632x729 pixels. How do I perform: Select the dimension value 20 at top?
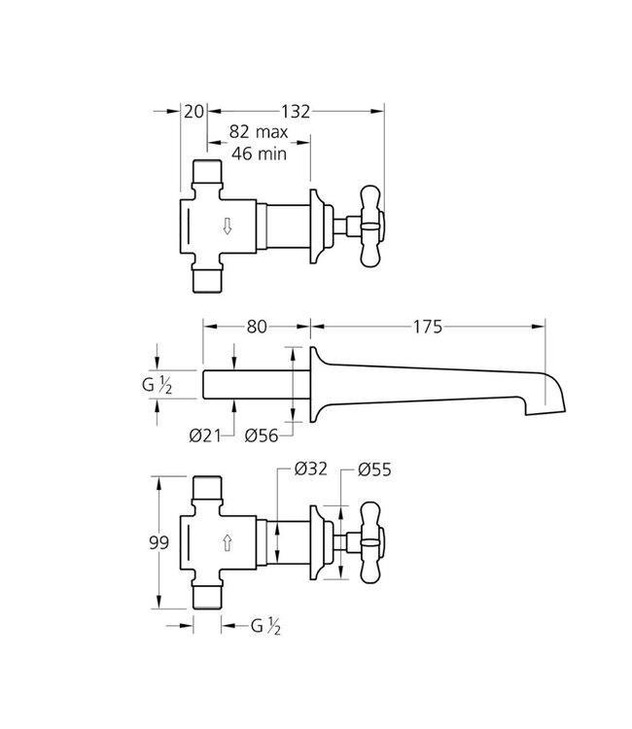pos(193,112)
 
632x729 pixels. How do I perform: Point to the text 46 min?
pos(258,154)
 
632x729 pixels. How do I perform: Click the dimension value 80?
pos(257,328)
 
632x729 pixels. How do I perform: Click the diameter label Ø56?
pos(265,434)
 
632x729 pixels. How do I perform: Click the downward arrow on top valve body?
pos(227,226)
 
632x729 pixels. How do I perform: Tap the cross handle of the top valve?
pos(371,226)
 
